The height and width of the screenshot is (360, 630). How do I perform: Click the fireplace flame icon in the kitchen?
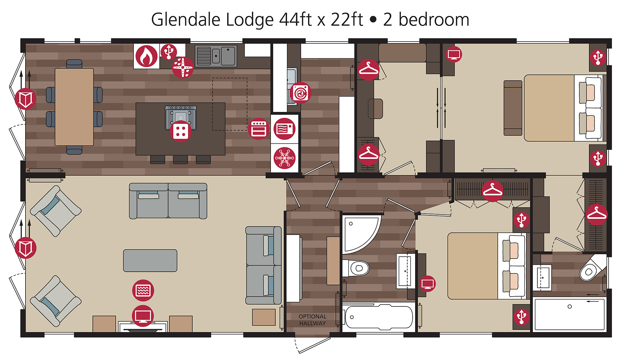point(146,56)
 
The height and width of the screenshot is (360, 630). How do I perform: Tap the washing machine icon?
point(300,93)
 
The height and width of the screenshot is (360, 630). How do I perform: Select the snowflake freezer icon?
point(284,158)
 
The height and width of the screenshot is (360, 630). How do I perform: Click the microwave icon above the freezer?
point(284,129)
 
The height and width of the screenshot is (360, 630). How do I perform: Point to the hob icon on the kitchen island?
point(180,131)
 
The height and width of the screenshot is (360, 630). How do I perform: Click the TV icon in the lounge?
point(143,316)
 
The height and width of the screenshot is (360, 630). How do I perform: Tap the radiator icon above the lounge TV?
point(143,290)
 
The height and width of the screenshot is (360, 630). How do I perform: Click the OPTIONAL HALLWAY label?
point(312,320)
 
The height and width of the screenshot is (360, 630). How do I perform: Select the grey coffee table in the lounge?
point(150,261)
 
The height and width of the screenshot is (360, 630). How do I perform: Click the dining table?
point(74,107)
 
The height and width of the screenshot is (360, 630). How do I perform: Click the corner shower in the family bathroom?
point(361,233)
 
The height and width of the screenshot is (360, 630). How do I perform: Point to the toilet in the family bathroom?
point(355,268)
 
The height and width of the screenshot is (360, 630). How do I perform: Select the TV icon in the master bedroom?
point(454,54)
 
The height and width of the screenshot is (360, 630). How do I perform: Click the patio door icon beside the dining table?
point(26,99)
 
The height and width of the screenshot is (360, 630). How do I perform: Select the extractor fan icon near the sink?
point(183,67)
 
